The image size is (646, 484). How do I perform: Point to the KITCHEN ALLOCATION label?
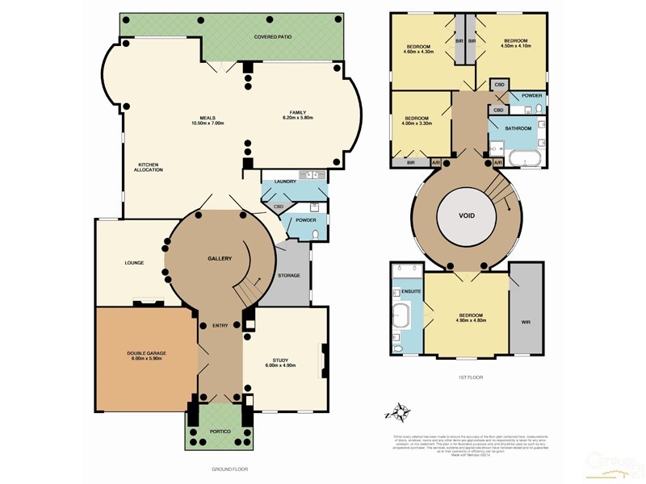(149, 167)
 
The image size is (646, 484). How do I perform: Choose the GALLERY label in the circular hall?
(219, 258)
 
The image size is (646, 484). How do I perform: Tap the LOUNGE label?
(134, 262)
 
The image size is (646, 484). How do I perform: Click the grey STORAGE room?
(289, 275)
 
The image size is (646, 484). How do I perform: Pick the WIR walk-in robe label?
(526, 322)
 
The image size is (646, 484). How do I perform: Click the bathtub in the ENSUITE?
(401, 319)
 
